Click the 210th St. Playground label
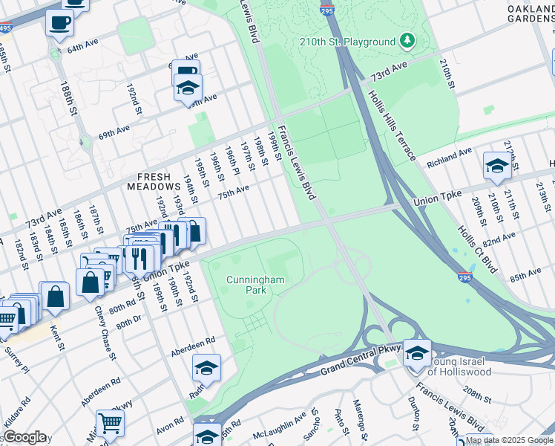pos(347,42)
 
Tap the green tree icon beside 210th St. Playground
pos(407,39)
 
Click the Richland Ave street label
pos(449,158)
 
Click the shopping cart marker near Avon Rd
pos(110,422)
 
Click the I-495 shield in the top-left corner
pos(4,27)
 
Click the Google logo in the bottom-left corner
pos(24,437)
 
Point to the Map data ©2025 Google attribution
pos(509,440)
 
